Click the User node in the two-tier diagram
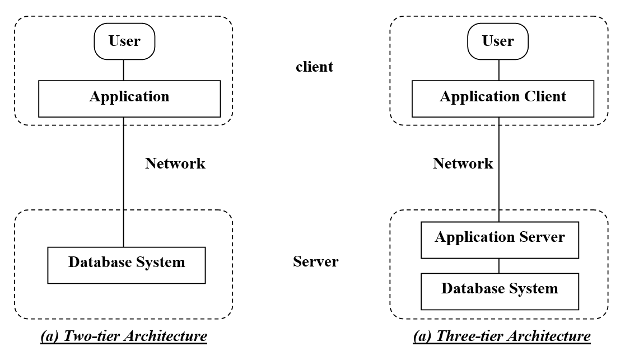(x=124, y=41)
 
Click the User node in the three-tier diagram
(x=498, y=41)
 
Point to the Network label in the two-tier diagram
(x=175, y=163)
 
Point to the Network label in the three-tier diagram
(x=463, y=163)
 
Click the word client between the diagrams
(x=314, y=67)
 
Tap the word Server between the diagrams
(x=315, y=261)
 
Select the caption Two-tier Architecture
(x=123, y=336)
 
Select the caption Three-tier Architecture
(x=501, y=336)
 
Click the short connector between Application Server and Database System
(x=499, y=265)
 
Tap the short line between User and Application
(x=124, y=69)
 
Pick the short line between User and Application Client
(x=499, y=69)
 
